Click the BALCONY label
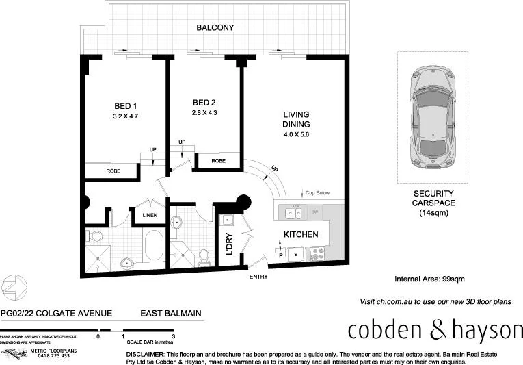215,29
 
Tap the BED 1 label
125,106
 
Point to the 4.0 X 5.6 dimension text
296,136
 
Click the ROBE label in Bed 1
114,171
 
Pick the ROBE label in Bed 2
218,161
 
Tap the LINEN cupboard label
150,216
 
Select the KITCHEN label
301,235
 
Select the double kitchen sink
295,213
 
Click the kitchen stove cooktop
319,253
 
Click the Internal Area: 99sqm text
429,279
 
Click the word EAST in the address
152,314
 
